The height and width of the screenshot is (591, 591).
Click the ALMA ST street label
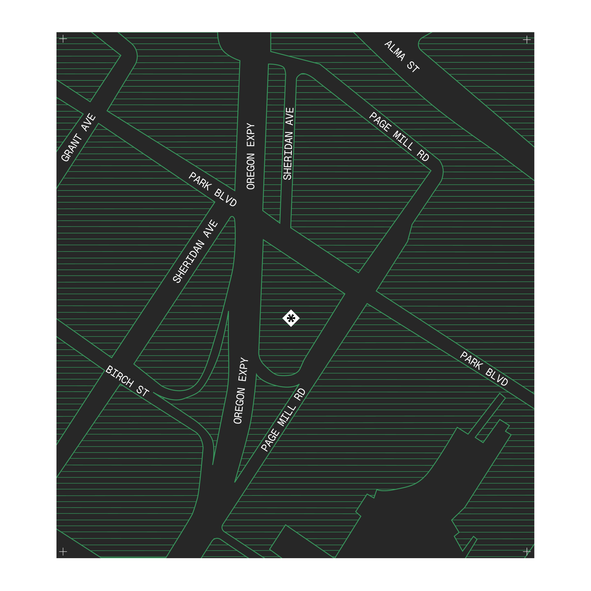click(402, 56)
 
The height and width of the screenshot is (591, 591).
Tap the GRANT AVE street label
click(78, 138)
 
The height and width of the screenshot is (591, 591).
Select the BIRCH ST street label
click(127, 381)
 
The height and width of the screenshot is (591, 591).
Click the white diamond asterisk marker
click(291, 318)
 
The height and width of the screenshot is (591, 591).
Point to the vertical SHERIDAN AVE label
click(288, 144)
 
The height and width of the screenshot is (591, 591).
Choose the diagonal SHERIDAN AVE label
click(195, 251)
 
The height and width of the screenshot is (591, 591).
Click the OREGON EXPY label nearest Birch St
click(240, 391)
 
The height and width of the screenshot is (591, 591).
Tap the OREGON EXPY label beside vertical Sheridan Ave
click(251, 156)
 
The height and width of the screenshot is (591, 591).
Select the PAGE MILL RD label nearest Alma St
click(399, 137)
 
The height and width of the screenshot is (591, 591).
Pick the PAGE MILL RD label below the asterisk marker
click(283, 420)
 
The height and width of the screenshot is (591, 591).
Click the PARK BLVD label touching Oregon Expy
click(212, 189)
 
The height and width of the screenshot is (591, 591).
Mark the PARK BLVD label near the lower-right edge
click(484, 368)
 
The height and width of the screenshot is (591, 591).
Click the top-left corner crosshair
click(63, 39)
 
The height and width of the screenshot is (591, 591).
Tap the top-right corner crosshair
click(527, 40)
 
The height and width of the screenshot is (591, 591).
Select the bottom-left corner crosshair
click(63, 551)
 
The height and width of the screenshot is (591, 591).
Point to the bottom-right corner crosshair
click(527, 551)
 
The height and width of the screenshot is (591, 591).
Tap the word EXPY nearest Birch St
click(244, 370)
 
